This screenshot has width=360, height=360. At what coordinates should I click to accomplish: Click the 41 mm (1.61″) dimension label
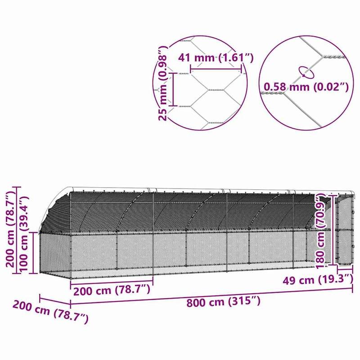tap(216, 58)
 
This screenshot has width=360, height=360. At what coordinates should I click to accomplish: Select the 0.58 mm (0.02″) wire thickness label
tap(306, 86)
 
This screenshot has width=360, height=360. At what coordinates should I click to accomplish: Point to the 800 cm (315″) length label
tap(223, 301)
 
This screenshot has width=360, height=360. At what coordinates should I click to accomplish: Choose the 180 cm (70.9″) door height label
tap(321, 231)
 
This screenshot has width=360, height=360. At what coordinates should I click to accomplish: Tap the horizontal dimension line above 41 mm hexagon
tap(216, 69)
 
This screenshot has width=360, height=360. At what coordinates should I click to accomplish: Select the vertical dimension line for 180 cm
tap(332, 229)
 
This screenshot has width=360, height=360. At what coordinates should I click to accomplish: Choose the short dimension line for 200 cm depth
tap(55, 300)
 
